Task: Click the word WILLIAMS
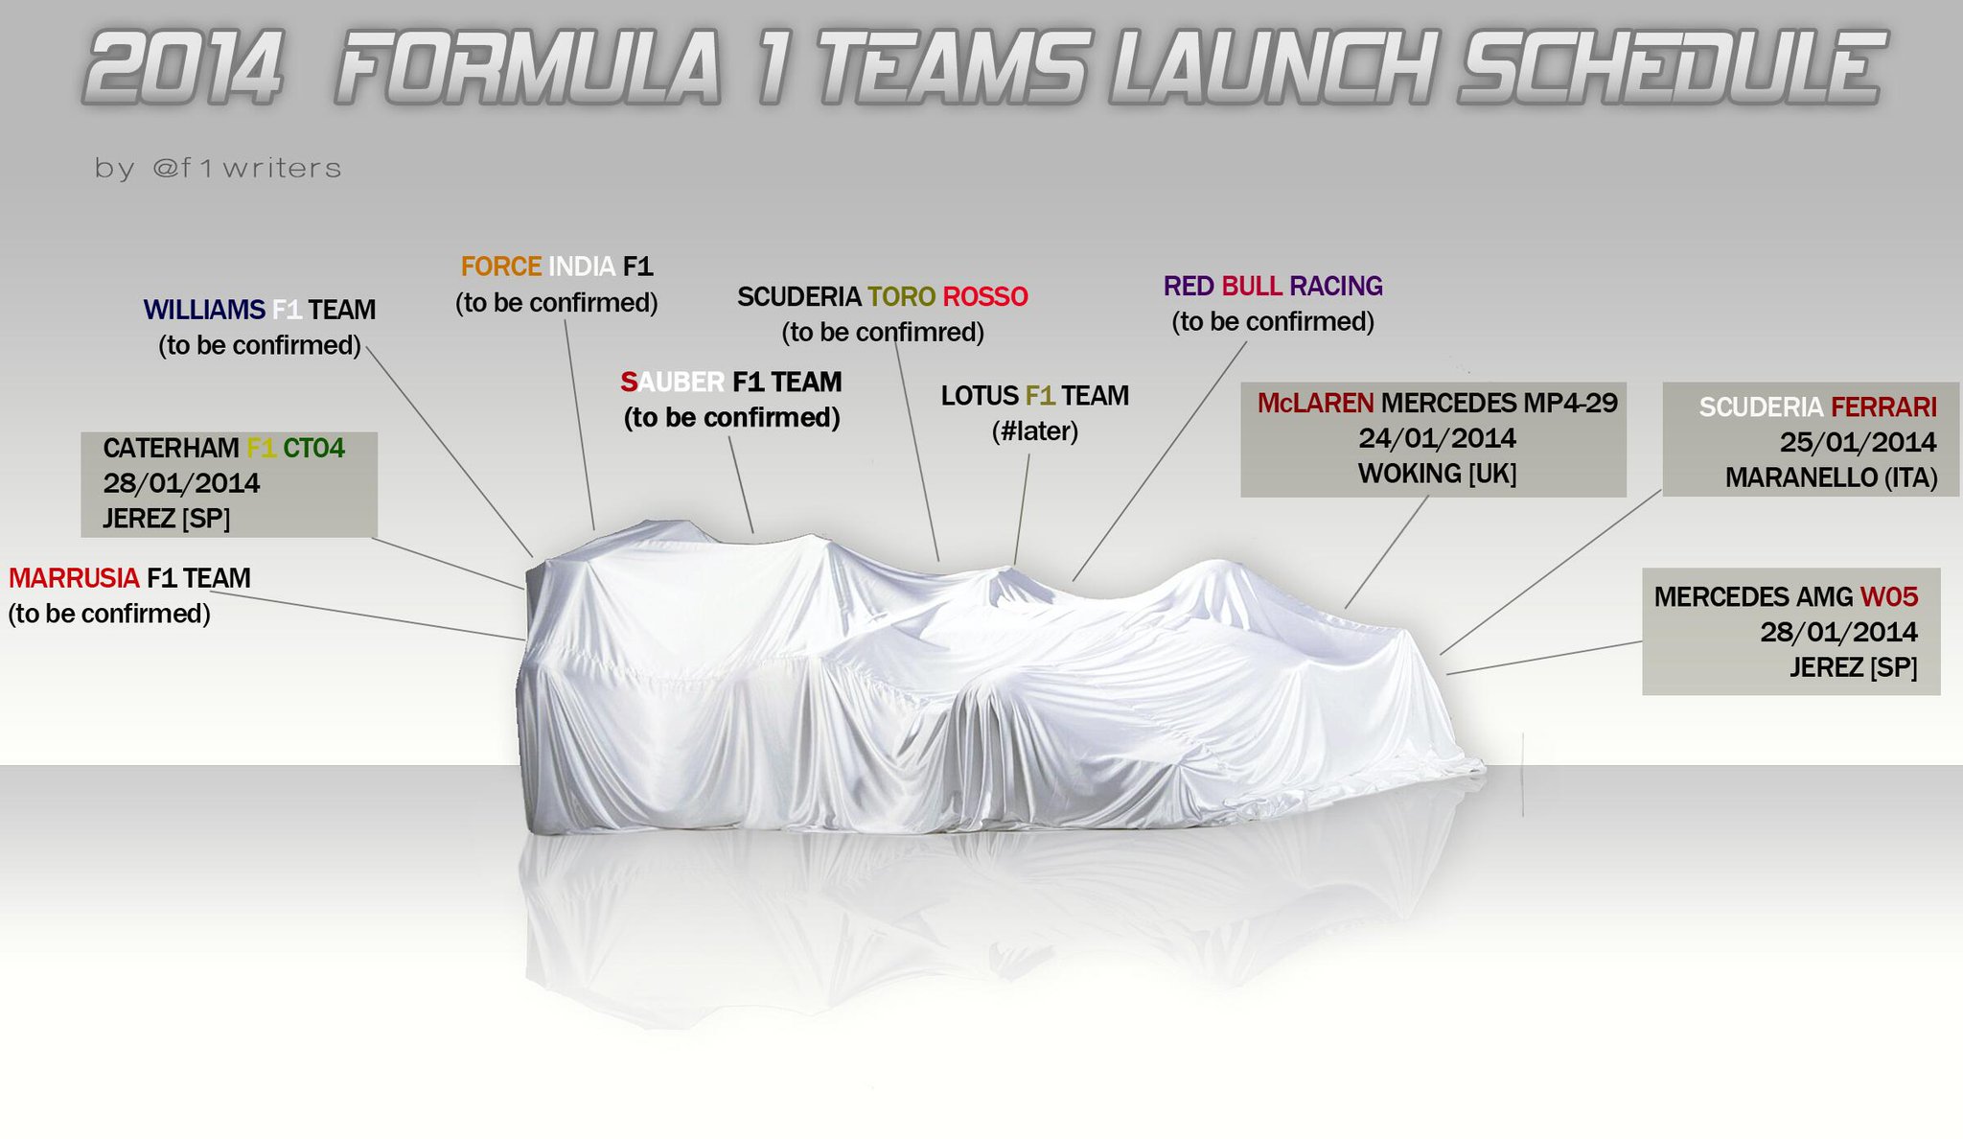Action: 204,310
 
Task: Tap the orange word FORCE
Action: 501,267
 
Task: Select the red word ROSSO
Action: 985,297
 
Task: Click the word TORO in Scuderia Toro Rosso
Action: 901,297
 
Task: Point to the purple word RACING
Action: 1335,287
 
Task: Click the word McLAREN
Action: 1315,404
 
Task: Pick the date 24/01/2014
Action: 1437,439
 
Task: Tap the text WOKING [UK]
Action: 1437,474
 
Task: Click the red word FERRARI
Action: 1883,407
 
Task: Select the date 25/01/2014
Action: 1858,443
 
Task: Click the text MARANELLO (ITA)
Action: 1831,477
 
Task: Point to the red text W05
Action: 1888,597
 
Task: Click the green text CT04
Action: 313,449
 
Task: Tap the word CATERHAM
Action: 171,449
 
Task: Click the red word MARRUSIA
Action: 74,578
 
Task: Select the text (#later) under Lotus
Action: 1035,431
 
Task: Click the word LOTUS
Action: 979,396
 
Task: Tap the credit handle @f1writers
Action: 246,169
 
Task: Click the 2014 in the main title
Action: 184,67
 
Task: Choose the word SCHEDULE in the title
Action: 1671,67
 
